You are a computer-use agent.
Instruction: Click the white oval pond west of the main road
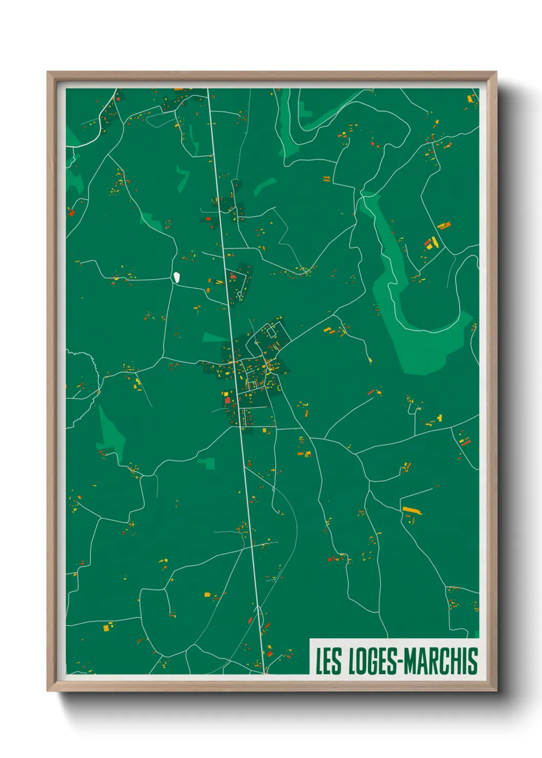[176, 277]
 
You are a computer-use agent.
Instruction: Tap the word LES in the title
[328, 661]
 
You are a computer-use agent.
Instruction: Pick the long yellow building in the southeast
[411, 510]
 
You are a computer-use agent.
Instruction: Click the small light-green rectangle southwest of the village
[207, 463]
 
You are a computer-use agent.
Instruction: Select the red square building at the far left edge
[72, 213]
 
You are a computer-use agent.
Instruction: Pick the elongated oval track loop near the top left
[160, 119]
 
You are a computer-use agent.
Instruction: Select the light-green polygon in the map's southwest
[112, 433]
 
